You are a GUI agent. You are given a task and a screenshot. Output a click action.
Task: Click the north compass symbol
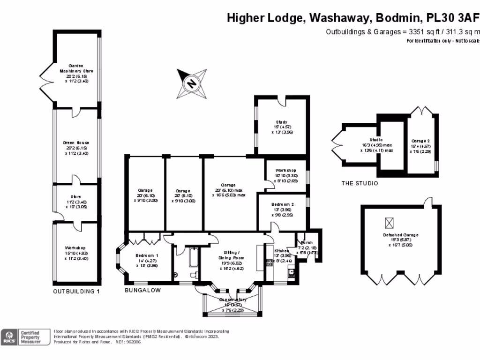191,84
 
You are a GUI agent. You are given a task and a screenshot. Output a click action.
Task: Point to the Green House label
76,142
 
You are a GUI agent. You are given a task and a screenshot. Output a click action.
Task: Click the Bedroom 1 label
146,255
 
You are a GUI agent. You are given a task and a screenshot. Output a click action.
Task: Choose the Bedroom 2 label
283,204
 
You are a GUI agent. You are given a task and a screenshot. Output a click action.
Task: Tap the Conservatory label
233,300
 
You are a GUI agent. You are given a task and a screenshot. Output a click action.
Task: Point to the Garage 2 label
420,141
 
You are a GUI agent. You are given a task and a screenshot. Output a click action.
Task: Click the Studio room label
376,140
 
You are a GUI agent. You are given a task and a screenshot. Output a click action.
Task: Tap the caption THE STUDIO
360,183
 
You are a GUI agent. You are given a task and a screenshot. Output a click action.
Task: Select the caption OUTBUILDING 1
76,291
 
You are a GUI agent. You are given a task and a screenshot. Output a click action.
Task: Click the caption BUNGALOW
142,290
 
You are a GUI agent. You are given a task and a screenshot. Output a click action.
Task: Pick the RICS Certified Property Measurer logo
26,337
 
